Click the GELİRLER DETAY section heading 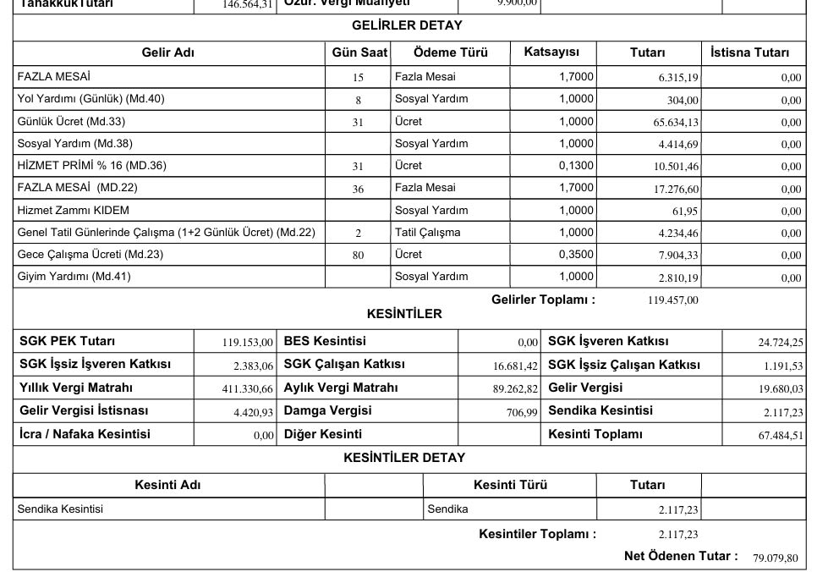(x=407, y=25)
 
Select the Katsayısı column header (x=552, y=52)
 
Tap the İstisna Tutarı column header (x=750, y=52)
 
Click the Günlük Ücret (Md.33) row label (x=71, y=121)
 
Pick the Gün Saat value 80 (x=358, y=255)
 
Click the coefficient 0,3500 (x=576, y=254)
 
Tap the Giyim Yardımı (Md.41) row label (x=74, y=276)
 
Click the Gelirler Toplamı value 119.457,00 (x=666, y=300)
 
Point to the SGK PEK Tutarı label (x=68, y=341)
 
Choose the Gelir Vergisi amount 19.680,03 (x=781, y=389)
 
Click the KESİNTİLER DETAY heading (x=404, y=458)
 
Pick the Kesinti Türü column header (x=510, y=485)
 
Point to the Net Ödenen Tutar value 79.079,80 (x=775, y=558)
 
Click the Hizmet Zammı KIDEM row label (x=74, y=210)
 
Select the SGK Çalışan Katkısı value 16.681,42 (x=515, y=366)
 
